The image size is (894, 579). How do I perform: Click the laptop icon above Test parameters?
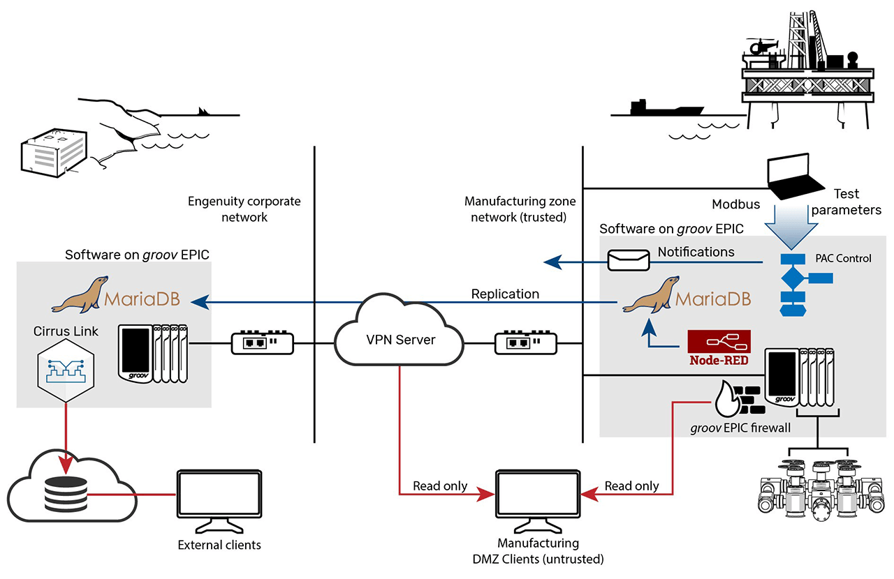coord(796,176)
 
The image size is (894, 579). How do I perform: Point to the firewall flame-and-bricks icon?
coord(737,400)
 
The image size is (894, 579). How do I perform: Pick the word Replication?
coord(505,294)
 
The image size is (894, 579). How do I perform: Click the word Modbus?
coord(735,204)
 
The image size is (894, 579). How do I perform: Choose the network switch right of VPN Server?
coord(525,343)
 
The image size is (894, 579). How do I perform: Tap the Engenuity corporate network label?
coord(244,209)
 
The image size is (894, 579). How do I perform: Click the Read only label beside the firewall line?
coord(631,486)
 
